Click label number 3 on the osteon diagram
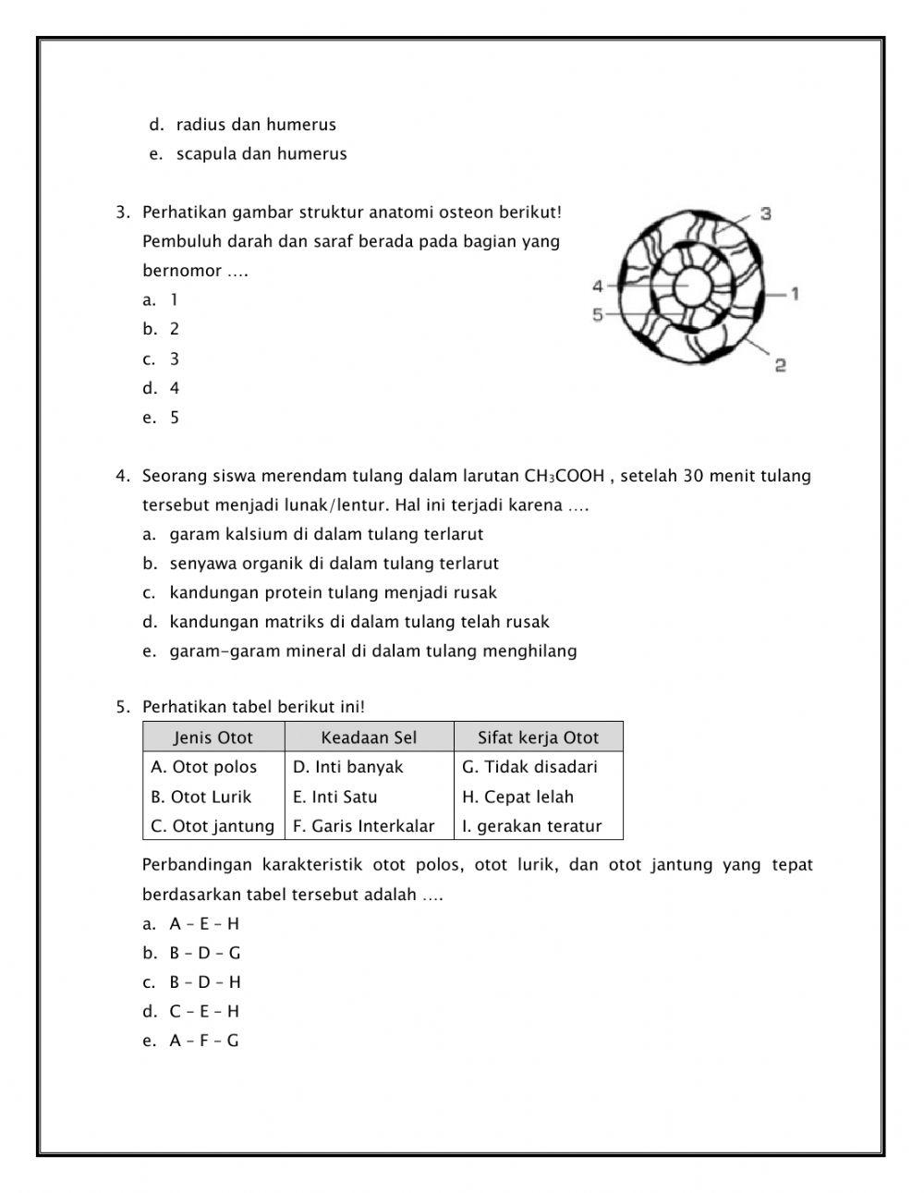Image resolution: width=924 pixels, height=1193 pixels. pyautogui.click(x=766, y=213)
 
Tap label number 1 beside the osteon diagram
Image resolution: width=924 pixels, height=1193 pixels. pyautogui.click(x=795, y=294)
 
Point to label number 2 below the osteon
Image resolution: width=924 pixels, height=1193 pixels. pyautogui.click(x=780, y=366)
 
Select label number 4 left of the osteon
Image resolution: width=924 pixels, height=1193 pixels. pyautogui.click(x=598, y=286)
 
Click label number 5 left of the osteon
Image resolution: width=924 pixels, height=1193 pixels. pyautogui.click(x=598, y=315)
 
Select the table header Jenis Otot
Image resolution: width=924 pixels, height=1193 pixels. pyautogui.click(x=213, y=737)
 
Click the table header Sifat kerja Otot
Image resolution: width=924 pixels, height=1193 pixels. pyautogui.click(x=538, y=737)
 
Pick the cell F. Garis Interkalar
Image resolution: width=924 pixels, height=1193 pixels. pyautogui.click(x=363, y=826)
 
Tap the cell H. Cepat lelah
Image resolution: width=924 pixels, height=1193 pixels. pyautogui.click(x=517, y=797)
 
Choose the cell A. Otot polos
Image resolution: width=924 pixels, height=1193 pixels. pyautogui.click(x=204, y=767)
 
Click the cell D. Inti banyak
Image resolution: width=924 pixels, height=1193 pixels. pyautogui.click(x=348, y=767)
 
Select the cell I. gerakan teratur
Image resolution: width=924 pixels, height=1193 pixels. pyautogui.click(x=531, y=826)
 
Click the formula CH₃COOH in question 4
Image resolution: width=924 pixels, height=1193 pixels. pyautogui.click(x=564, y=477)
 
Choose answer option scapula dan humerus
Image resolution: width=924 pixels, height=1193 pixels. pyautogui.click(x=261, y=154)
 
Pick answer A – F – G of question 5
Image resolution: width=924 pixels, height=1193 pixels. pyautogui.click(x=203, y=1041)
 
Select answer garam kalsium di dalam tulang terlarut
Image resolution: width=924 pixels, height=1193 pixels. pyautogui.click(x=325, y=534)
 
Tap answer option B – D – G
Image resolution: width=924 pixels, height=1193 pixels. pyautogui.click(x=204, y=953)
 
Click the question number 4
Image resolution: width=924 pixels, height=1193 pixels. pyautogui.click(x=122, y=477)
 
